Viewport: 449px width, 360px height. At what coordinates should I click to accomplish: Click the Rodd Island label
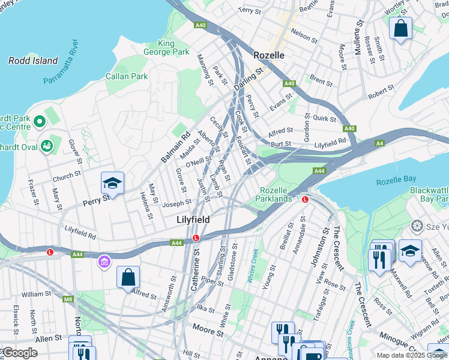click(33, 61)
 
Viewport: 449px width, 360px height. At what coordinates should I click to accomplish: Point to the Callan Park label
click(127, 76)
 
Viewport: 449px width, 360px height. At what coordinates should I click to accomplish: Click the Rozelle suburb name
click(268, 55)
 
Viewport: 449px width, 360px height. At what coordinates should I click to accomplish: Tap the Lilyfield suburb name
click(193, 220)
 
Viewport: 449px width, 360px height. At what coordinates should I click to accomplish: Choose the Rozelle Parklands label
click(276, 194)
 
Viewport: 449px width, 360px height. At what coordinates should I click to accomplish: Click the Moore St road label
click(208, 328)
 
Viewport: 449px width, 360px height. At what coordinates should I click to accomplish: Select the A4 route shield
click(379, 143)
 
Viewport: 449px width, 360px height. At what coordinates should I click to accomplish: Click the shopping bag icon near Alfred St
click(128, 277)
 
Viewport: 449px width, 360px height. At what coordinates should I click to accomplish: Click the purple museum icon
click(104, 262)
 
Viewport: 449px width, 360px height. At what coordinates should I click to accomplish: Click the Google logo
click(19, 353)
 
